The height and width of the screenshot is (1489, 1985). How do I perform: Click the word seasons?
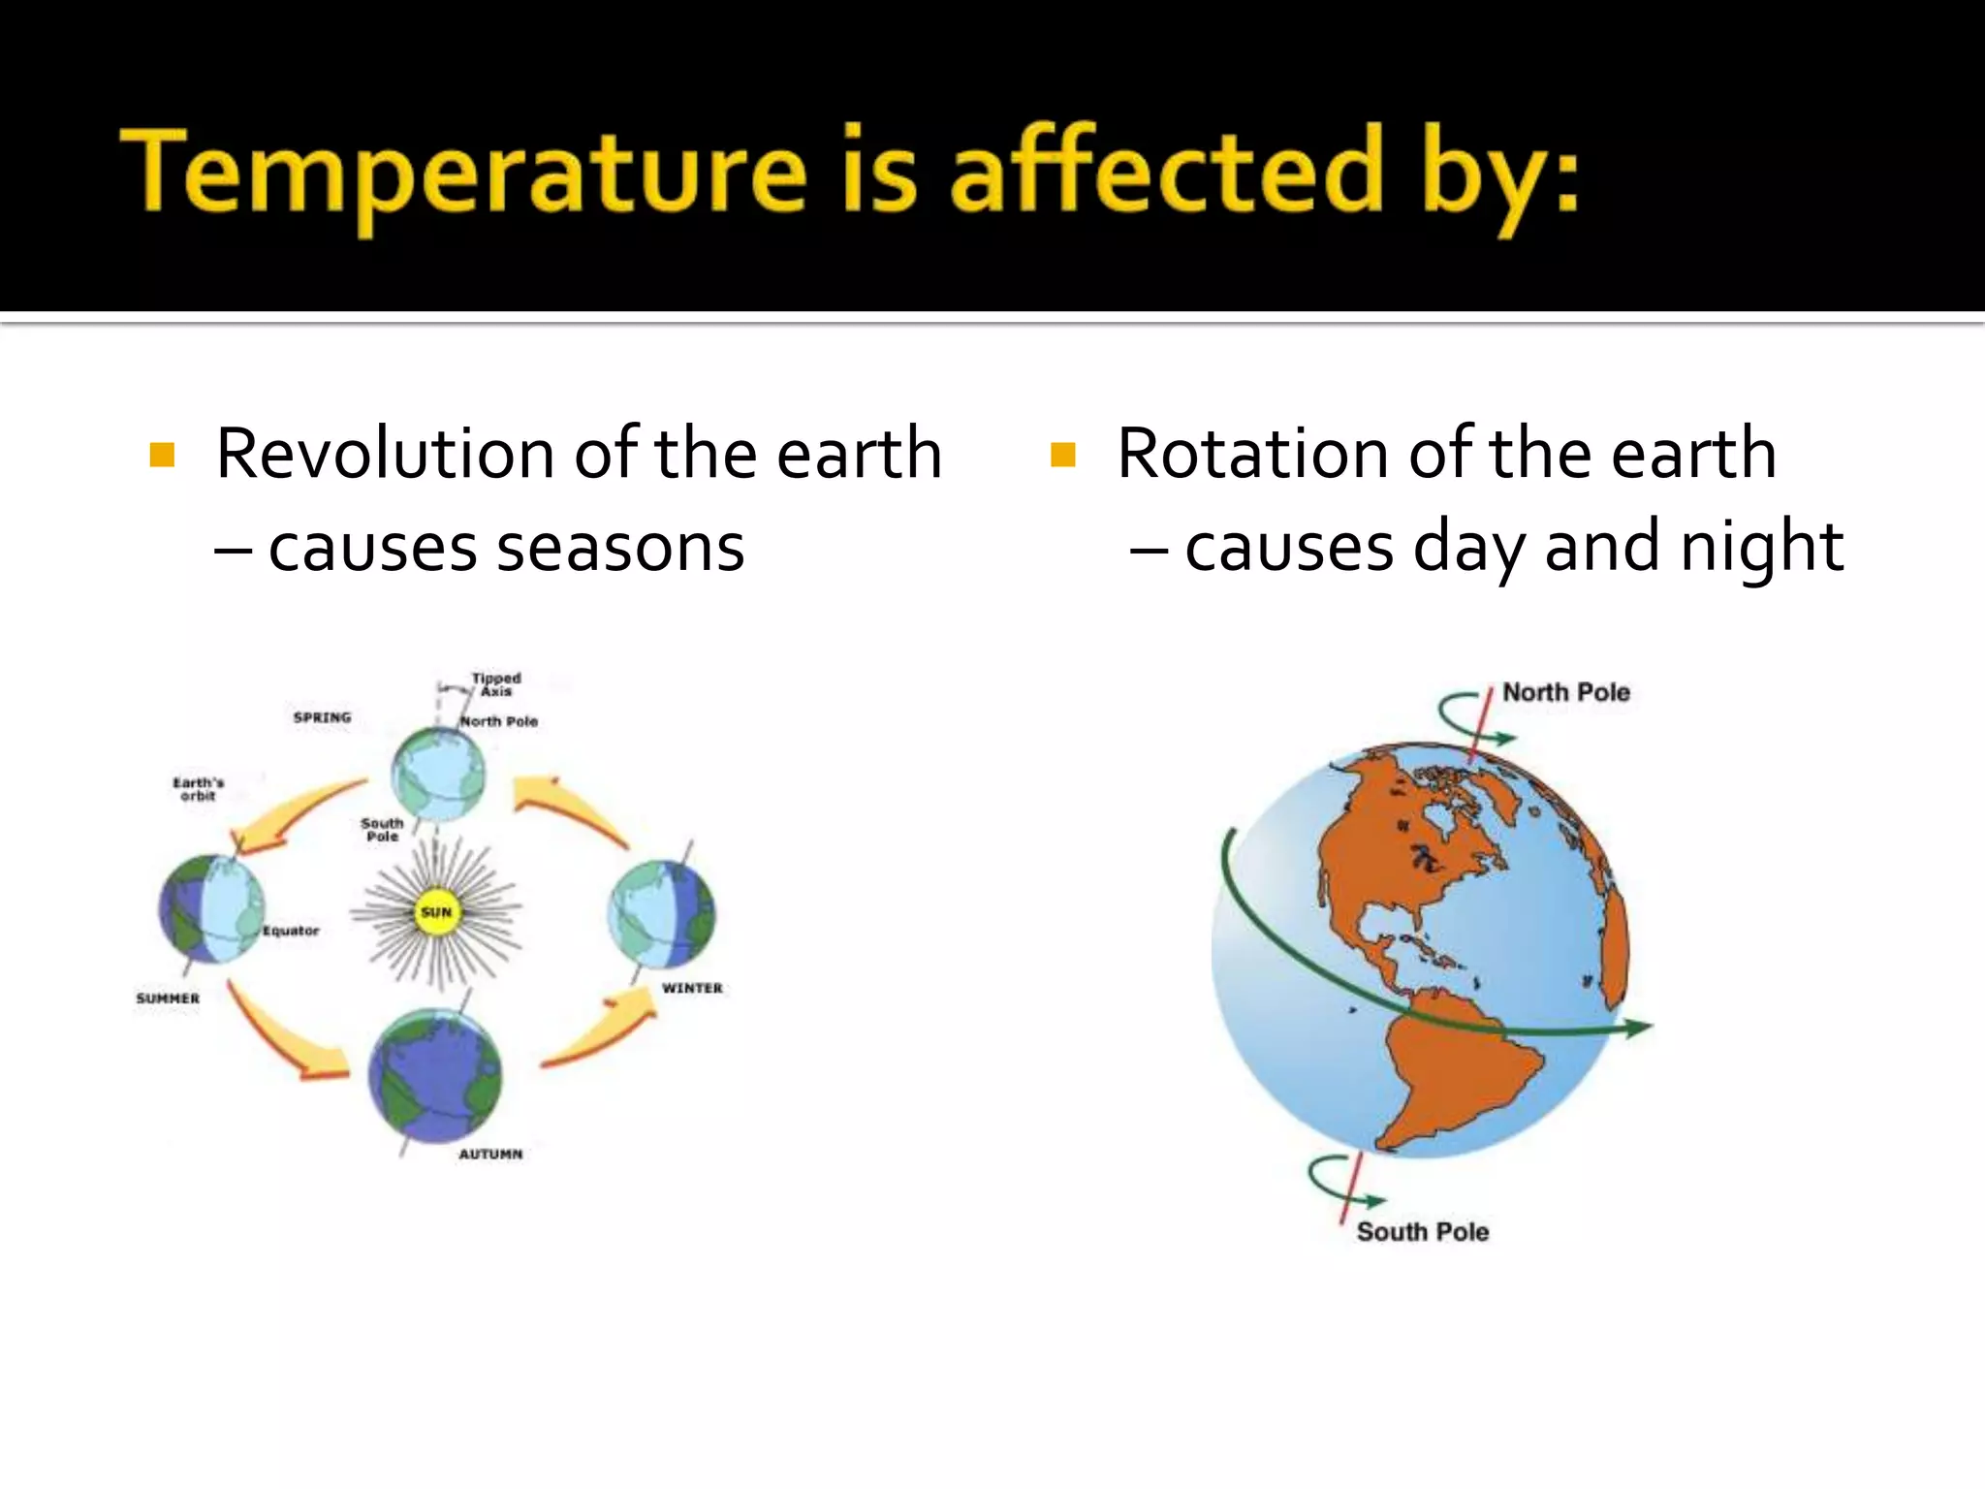(x=620, y=549)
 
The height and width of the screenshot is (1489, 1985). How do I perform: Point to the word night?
(x=1761, y=549)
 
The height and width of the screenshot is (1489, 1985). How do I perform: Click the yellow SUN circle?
(x=436, y=912)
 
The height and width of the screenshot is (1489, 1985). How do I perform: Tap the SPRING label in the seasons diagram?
(x=322, y=717)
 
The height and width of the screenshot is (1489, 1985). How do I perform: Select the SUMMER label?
(x=168, y=998)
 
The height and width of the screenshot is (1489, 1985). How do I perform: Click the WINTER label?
(x=692, y=988)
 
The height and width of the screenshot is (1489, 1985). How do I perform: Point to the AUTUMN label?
(x=490, y=1154)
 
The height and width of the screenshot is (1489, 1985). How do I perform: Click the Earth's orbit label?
(x=199, y=789)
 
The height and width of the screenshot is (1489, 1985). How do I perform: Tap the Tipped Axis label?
(x=496, y=684)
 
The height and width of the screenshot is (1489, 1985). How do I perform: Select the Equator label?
(x=291, y=931)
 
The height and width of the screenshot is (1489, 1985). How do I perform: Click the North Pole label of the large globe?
(x=1565, y=692)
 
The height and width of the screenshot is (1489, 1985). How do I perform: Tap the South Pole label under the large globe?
(x=1422, y=1232)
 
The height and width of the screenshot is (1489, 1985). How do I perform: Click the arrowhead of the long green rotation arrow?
(x=1638, y=1028)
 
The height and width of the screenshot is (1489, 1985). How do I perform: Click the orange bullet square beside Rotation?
(x=1063, y=455)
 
